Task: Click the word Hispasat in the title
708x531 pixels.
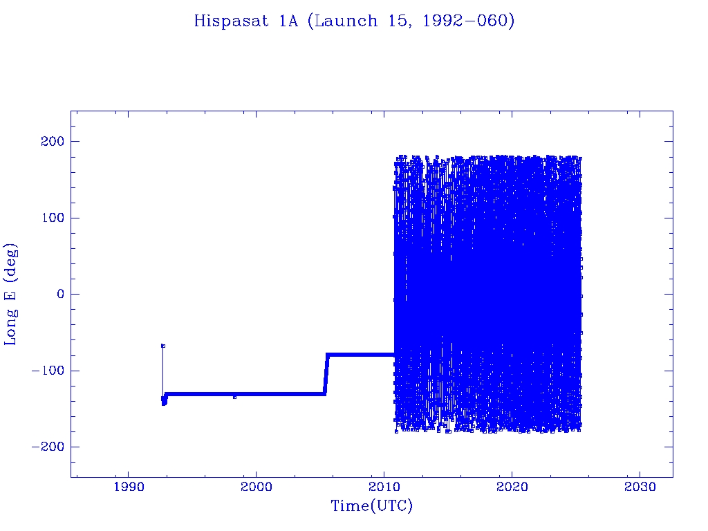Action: coord(231,21)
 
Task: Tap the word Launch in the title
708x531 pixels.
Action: coord(346,21)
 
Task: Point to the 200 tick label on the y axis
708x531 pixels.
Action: coord(53,141)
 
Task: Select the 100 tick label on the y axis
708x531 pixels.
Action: coord(53,218)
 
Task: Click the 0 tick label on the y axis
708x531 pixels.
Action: coord(61,294)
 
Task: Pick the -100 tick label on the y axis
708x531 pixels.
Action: coord(48,371)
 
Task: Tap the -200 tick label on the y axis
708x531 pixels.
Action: coord(48,447)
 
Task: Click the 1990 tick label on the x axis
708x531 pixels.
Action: coord(129,487)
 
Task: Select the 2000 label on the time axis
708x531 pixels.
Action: coord(257,487)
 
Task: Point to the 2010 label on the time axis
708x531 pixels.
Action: coord(384,487)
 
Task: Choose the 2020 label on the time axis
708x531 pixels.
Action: coord(512,487)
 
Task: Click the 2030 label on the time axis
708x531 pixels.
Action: coord(640,487)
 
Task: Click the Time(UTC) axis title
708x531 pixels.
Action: coord(371,506)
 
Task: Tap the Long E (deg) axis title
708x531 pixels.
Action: coord(10,295)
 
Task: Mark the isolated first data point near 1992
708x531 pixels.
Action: coord(163,346)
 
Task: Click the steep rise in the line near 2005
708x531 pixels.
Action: coord(326,374)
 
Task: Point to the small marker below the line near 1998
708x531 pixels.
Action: coord(234,397)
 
